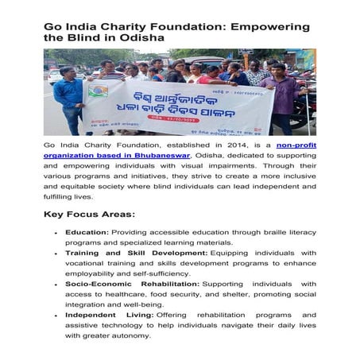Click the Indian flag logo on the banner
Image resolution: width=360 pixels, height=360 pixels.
click(x=99, y=89)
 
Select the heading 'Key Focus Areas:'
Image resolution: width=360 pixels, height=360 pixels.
click(x=90, y=215)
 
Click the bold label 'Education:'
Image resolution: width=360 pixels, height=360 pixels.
click(x=87, y=232)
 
